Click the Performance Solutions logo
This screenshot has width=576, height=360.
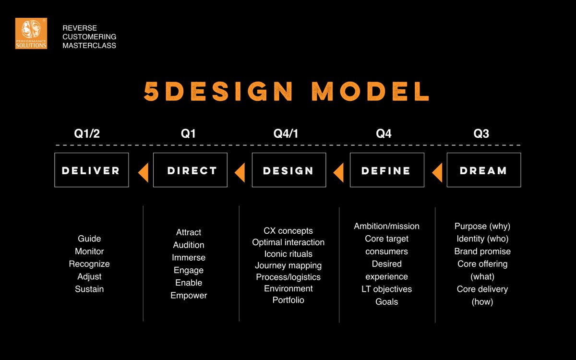[x=31, y=33]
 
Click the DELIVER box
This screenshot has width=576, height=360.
[x=91, y=170]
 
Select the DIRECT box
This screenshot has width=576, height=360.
[x=190, y=170]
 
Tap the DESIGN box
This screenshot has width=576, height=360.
[x=288, y=170]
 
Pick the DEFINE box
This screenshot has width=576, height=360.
[x=386, y=170]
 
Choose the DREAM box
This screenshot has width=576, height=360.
[x=483, y=170]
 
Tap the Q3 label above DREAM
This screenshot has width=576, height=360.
[x=481, y=134]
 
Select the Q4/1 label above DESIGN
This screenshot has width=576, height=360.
[x=286, y=134]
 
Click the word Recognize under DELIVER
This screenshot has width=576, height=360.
[x=89, y=264]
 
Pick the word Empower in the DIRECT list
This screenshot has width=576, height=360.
[x=189, y=295]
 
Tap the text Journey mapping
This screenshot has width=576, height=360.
[x=288, y=265]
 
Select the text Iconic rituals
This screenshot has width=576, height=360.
[x=288, y=254]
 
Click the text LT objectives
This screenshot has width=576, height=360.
[x=386, y=289]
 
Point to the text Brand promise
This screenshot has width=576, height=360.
[x=482, y=252]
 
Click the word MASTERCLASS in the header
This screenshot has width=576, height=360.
[x=89, y=46]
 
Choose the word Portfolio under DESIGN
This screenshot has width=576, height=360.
[x=288, y=300]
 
